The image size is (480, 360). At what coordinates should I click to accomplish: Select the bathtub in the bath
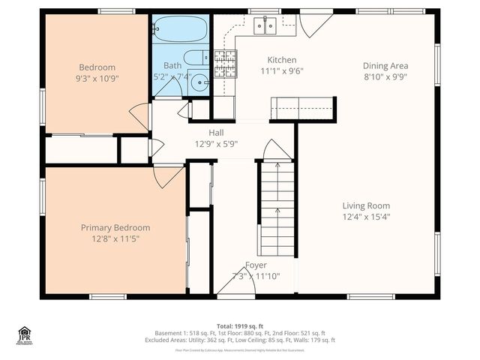click(179, 31)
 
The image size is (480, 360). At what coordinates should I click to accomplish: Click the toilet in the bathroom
click(196, 57)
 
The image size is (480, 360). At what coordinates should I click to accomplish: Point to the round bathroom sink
click(199, 82)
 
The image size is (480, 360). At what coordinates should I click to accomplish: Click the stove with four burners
click(224, 64)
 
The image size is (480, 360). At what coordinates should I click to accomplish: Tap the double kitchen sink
click(265, 26)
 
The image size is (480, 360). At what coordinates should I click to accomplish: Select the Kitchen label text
click(282, 60)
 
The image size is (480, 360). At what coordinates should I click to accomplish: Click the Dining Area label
click(385, 65)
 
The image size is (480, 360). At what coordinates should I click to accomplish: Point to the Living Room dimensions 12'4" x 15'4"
click(366, 217)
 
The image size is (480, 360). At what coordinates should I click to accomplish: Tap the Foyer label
click(256, 265)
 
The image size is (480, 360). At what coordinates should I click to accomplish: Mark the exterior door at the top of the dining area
click(315, 22)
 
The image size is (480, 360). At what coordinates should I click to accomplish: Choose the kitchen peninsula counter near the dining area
click(303, 109)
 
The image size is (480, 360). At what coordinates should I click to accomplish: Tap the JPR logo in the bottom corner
click(25, 335)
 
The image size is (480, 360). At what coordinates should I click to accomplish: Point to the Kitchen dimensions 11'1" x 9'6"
click(282, 72)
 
